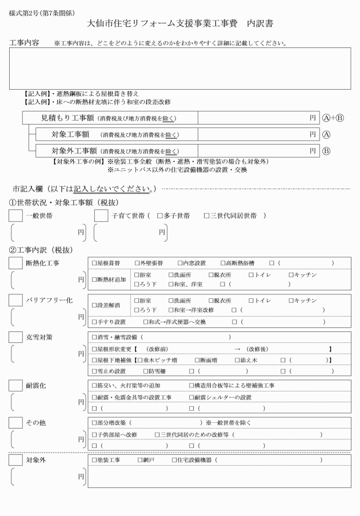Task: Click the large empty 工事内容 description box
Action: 180,68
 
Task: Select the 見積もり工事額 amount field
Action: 257,118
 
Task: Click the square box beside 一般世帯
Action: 16,216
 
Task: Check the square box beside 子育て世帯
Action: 101,216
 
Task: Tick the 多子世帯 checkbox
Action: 160,216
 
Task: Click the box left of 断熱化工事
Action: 16,263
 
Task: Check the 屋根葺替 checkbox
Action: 95,263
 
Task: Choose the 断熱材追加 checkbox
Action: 95,279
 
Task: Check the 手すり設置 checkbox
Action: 95,322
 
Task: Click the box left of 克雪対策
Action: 16,337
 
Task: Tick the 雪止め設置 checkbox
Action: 95,371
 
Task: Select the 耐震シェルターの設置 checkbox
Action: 191,397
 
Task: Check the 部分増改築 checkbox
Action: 95,423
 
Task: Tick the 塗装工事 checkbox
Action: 95,460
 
